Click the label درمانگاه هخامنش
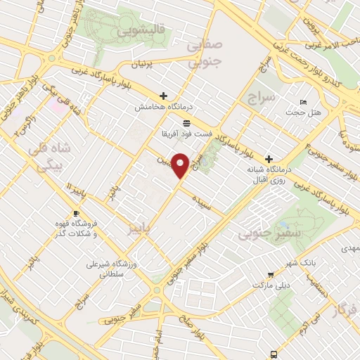163,107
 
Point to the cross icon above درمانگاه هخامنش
163,96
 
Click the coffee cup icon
76,214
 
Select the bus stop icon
274,354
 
